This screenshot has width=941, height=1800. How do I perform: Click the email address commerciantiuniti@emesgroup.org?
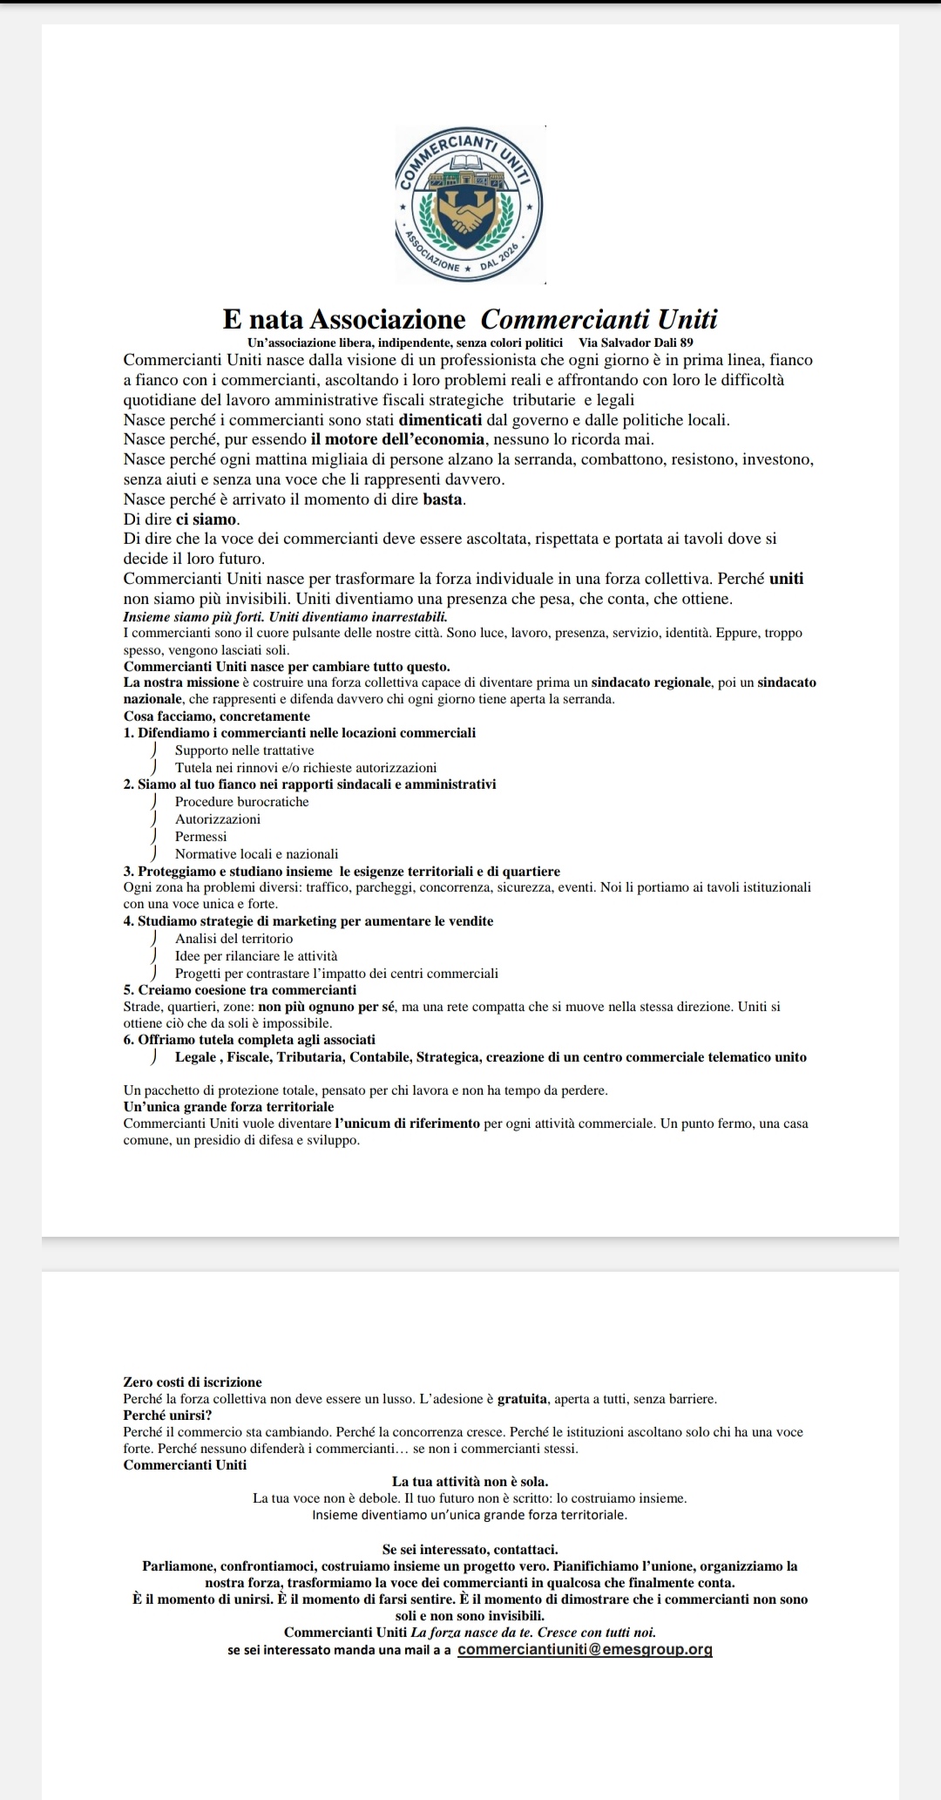pos(585,1649)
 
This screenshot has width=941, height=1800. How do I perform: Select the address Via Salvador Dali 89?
pos(635,343)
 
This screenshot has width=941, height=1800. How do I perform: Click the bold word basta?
pos(443,499)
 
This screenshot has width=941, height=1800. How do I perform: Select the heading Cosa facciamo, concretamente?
pos(217,716)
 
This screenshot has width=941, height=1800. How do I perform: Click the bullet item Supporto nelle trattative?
pos(245,751)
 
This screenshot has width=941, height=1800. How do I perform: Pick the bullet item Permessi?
pos(200,837)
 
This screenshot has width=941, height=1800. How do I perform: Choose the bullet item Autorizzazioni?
pos(218,819)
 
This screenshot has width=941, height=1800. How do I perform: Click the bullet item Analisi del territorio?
pos(234,939)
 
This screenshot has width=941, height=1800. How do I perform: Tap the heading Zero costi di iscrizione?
pos(193,1382)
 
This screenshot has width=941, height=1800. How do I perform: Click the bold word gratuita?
pos(523,1399)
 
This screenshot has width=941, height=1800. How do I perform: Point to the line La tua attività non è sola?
pos(470,1481)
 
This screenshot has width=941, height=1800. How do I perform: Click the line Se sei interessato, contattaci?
pos(470,1549)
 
